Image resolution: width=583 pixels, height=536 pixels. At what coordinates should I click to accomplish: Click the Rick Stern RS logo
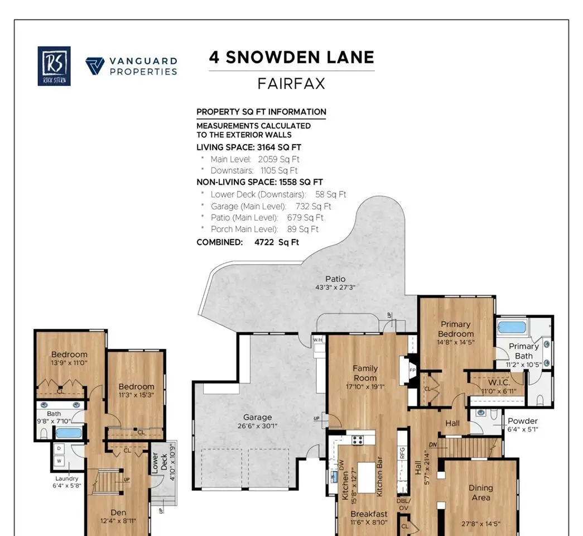click(54, 66)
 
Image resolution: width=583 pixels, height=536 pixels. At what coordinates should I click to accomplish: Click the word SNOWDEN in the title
click(273, 58)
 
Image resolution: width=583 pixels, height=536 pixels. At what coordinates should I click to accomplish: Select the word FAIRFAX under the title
click(291, 83)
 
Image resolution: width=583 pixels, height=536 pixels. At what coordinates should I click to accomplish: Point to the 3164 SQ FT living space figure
click(279, 147)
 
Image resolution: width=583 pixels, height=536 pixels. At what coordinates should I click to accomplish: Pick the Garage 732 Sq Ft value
click(313, 206)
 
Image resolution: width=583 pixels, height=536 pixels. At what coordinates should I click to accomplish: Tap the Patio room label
click(335, 279)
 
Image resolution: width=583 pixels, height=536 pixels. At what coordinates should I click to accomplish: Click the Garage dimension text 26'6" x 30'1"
click(257, 426)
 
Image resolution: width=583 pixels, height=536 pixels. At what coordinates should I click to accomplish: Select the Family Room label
click(365, 373)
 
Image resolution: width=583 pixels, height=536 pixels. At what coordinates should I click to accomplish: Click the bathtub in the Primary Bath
click(512, 327)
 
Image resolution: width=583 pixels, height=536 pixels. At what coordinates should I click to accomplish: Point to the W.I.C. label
click(499, 382)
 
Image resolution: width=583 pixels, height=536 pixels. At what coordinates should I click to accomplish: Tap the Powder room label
click(522, 421)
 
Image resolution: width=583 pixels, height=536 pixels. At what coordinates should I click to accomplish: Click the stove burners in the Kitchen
click(358, 439)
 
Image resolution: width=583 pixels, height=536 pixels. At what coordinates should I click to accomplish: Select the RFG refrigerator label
click(402, 453)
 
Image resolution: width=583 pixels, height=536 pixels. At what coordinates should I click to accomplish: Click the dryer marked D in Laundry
click(59, 448)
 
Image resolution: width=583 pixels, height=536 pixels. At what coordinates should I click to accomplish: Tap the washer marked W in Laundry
click(59, 461)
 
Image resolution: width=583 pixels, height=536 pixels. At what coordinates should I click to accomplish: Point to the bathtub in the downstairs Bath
click(69, 433)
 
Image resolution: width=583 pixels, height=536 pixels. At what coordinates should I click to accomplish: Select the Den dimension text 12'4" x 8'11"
click(118, 521)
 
